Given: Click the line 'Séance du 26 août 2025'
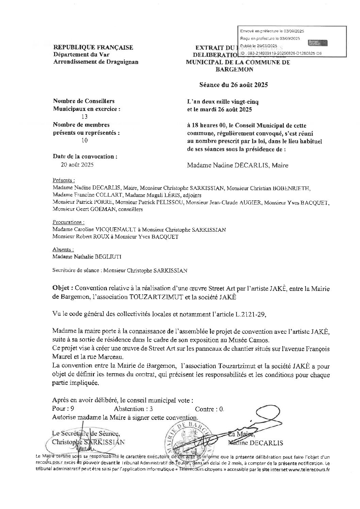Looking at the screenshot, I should point(233,85).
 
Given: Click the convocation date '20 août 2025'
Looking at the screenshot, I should point(77,165).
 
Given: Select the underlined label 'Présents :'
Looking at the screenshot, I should point(64,180).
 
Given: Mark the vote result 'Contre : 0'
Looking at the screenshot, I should point(209,409).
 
